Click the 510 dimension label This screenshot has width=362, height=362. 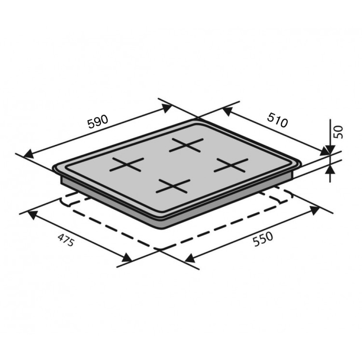[x=278, y=120]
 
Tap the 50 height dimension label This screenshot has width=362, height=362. [x=339, y=132]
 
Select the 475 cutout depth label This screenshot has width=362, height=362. [x=66, y=240]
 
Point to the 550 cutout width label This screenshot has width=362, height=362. [x=263, y=239]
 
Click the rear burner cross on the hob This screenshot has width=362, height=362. [x=186, y=145]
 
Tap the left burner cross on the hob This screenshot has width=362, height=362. [x=126, y=164]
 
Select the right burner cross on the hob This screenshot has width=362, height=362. [x=231, y=165]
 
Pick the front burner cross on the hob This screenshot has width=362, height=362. [x=173, y=186]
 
